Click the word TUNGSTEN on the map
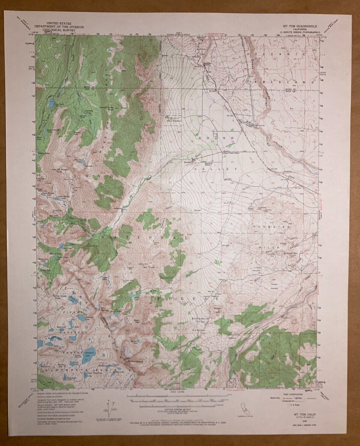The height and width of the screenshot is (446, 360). tap(272, 227)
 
